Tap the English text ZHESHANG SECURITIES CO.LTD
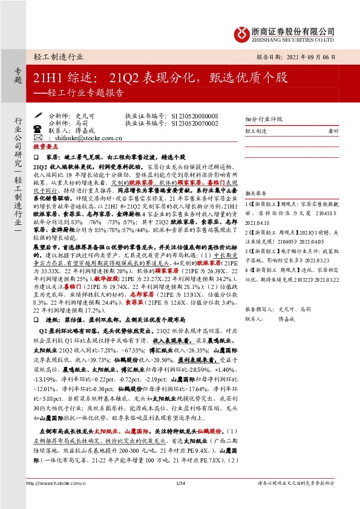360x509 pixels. point(293,40)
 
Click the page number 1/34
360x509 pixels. point(180,500)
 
